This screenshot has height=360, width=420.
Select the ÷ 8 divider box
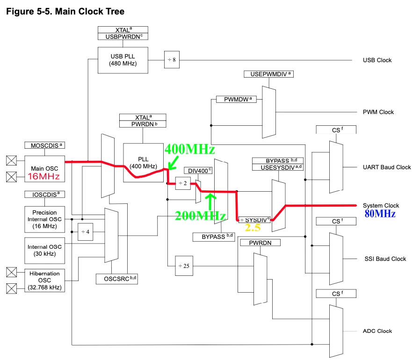point(172,60)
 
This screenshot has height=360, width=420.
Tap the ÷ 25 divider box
point(183,266)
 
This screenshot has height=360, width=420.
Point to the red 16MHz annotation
point(44,177)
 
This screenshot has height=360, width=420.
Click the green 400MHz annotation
point(189,150)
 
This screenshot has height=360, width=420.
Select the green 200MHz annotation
point(200,216)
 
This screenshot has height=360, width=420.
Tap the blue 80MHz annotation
point(380,214)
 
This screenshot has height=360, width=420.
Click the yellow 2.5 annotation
point(253,228)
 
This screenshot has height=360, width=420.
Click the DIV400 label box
point(198,170)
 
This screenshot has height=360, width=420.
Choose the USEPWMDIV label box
point(268,74)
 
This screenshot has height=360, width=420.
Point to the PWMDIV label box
point(236,99)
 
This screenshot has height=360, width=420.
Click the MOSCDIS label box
point(45,145)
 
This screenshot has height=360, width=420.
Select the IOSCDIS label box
point(45,194)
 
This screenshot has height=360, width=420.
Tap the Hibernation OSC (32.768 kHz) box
point(45,280)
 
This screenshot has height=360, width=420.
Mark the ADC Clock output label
point(377,331)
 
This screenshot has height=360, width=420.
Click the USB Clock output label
point(377,60)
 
